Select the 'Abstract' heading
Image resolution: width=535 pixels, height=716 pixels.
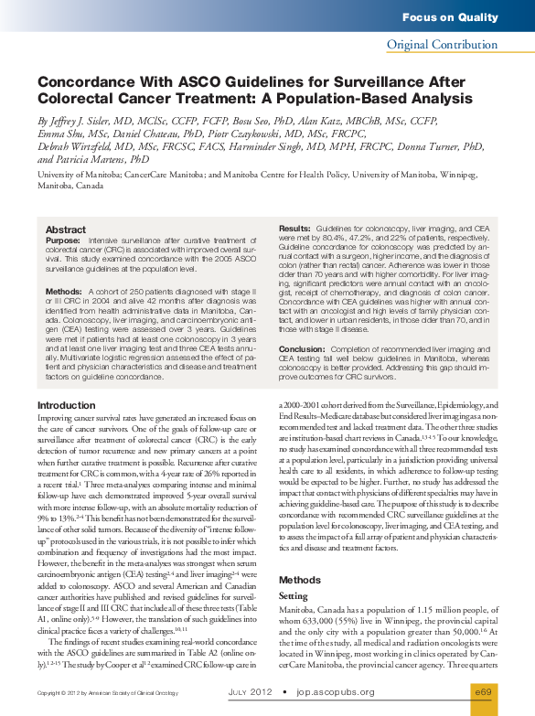pos(66,230)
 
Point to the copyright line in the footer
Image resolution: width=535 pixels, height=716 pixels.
pos(89,693)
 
